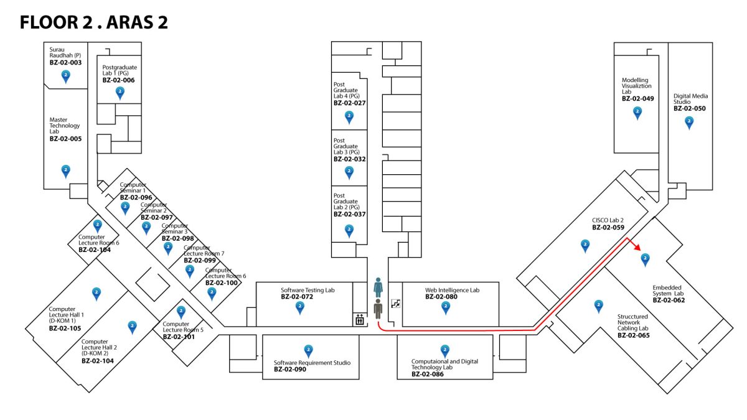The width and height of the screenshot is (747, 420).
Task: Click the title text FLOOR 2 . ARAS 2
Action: click(x=93, y=23)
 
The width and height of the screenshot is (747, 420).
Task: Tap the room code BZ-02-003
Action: click(x=65, y=63)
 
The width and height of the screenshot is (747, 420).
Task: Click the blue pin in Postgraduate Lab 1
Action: click(x=120, y=93)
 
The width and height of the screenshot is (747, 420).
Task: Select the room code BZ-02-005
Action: click(x=65, y=139)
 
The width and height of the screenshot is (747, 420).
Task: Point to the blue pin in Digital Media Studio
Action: click(x=689, y=123)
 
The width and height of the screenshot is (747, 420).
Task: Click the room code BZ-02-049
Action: click(x=637, y=98)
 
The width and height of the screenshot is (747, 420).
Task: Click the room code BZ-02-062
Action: click(x=669, y=300)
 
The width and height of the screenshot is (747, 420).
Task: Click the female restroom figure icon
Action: click(x=378, y=287)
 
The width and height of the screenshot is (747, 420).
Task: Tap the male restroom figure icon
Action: click(x=378, y=309)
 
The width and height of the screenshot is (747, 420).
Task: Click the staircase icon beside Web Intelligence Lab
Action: click(x=395, y=304)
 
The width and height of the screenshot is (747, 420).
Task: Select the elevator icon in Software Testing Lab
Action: click(x=360, y=320)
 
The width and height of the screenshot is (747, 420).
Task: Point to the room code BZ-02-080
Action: click(x=441, y=297)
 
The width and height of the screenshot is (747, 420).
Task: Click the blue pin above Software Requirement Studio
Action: click(x=308, y=351)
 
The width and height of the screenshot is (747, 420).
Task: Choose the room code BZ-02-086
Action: click(x=428, y=374)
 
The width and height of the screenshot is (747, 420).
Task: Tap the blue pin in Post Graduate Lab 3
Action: click(x=349, y=172)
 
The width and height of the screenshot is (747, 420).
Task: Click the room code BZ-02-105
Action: click(x=65, y=328)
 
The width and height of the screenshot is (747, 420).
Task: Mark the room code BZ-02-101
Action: click(x=179, y=337)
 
